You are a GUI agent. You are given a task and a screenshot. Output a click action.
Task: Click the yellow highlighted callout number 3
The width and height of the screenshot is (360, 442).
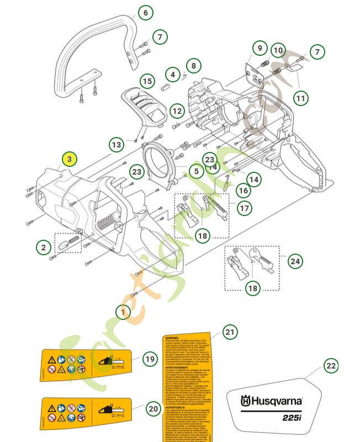click(x=69, y=159)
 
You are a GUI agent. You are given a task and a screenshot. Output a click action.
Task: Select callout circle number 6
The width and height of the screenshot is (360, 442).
click(x=145, y=12)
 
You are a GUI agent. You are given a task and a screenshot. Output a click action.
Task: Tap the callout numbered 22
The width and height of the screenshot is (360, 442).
click(x=330, y=366)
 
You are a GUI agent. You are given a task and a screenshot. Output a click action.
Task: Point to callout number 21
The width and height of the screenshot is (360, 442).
click(x=230, y=332)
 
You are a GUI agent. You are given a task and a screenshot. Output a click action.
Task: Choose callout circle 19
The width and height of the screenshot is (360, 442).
click(x=150, y=359)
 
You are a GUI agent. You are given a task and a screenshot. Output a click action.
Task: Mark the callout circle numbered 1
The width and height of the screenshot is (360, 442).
click(x=123, y=312)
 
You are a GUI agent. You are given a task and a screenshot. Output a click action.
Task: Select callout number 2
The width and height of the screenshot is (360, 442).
click(x=43, y=248)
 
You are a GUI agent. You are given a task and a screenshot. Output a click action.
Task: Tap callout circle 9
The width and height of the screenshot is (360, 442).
click(x=259, y=49)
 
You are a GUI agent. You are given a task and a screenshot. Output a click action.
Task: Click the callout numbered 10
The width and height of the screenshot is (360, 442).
click(x=278, y=51)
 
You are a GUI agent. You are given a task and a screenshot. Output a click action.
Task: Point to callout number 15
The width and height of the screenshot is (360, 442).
click(x=146, y=81)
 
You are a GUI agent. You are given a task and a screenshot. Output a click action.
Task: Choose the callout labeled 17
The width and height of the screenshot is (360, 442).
click(x=244, y=208)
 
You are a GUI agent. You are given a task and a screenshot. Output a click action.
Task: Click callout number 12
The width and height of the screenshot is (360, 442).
click(x=177, y=111)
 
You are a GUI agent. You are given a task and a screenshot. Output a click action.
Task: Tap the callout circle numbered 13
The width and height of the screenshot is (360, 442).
click(x=117, y=145)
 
